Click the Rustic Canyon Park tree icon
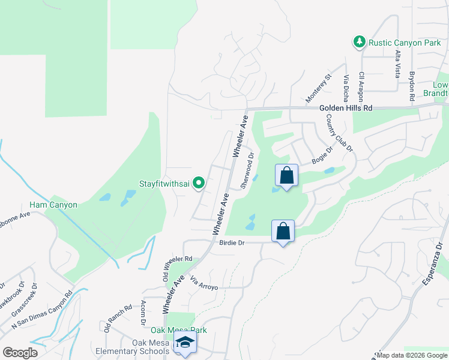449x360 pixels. pos(359,41)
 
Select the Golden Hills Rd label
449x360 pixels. pos(346,108)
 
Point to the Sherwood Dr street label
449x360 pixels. pos(247,170)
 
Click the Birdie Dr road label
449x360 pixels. pos(233,243)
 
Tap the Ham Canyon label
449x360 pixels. pos(53,205)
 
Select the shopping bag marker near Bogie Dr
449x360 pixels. pos(286,176)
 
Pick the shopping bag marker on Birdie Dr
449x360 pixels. pos(283,231)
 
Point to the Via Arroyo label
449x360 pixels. pos(203,284)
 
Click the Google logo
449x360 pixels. pos(20,352)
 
